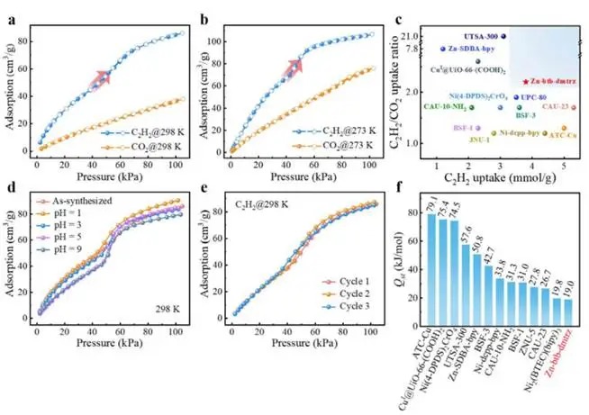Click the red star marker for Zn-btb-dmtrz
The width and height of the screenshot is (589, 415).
525,81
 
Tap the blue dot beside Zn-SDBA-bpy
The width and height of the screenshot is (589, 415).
442,50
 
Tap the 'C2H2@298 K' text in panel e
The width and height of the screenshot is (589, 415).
267,209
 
